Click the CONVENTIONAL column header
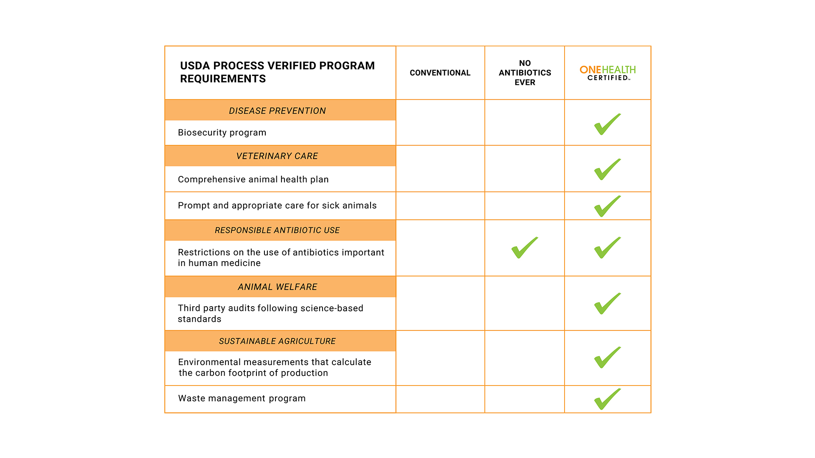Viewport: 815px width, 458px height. [440, 73]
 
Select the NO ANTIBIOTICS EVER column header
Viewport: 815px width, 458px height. [525, 73]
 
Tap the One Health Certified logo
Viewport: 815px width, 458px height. [607, 73]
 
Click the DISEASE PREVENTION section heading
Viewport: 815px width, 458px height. [277, 111]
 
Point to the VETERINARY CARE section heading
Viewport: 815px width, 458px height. [277, 156]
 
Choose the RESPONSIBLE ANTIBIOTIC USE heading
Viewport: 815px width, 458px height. [277, 230]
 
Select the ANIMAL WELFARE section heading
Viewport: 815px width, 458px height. [277, 287]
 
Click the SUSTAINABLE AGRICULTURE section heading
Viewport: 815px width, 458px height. [277, 341]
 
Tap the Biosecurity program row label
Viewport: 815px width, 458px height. [222, 133]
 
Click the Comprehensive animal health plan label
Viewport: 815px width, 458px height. [253, 179]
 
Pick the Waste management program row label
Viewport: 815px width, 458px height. [242, 399]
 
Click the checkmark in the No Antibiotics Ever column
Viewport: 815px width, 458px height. [524, 248]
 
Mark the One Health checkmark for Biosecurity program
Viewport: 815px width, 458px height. [607, 125]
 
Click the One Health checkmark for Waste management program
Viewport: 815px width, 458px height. [607, 399]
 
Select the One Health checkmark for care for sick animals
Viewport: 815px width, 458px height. [607, 207]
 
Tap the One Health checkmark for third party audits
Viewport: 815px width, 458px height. [607, 304]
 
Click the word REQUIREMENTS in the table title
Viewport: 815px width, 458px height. [223, 79]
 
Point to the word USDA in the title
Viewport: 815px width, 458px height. [195, 66]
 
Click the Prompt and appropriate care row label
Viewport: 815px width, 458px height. [277, 206]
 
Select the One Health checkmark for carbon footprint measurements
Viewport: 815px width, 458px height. [607, 358]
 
